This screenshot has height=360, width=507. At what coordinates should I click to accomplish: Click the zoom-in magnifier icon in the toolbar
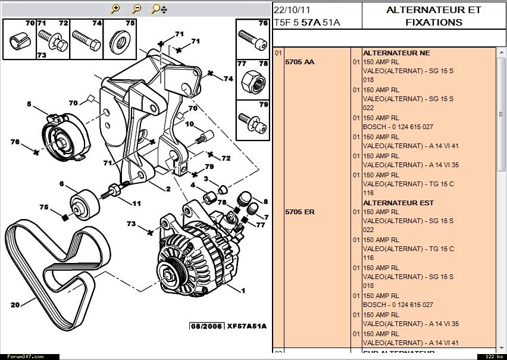(116, 9)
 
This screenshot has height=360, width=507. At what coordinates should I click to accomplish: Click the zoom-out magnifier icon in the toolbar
(136, 9)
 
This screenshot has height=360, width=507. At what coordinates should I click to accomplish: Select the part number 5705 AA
(300, 62)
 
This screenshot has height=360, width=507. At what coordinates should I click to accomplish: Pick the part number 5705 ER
(300, 212)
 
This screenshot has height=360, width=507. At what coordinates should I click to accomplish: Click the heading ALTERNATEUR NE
(396, 53)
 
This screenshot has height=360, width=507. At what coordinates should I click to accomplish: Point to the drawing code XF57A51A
(247, 326)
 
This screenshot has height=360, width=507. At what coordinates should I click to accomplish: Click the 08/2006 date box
(206, 326)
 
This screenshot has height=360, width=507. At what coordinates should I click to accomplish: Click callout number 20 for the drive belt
(15, 305)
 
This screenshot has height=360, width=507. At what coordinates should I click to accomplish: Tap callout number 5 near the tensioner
(29, 104)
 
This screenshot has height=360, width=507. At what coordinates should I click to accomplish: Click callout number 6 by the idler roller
(61, 184)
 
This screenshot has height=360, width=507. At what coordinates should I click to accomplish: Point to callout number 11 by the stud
(136, 204)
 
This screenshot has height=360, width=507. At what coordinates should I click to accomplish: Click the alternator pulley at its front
(173, 274)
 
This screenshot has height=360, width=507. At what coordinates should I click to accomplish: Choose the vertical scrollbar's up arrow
(502, 52)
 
